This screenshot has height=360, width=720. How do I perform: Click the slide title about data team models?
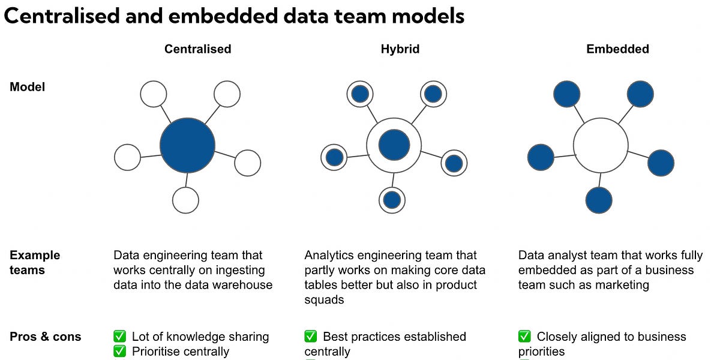point(234,16)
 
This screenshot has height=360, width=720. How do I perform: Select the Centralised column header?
point(197,49)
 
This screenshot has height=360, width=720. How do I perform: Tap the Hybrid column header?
point(400,49)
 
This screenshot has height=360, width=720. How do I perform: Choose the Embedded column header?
point(617,49)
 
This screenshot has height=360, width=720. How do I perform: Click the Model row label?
point(28,87)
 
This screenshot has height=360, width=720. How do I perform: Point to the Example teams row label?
point(35,263)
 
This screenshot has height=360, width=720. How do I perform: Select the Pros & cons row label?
point(46,337)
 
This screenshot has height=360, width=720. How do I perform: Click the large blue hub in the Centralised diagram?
point(187,146)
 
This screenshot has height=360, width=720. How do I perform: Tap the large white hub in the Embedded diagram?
point(601,146)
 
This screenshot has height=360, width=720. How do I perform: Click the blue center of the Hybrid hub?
point(394,145)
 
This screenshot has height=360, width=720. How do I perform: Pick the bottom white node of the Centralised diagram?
point(185,200)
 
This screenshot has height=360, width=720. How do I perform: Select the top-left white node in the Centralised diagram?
point(153,94)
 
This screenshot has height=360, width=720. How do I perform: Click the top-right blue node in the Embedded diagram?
point(640,94)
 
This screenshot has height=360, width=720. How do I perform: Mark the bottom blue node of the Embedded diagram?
point(599,200)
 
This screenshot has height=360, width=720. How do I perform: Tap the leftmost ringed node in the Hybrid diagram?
point(334,157)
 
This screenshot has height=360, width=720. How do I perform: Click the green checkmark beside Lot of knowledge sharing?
point(120,337)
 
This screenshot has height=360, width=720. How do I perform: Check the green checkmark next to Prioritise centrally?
point(120,352)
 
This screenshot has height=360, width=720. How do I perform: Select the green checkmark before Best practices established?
point(311,337)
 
